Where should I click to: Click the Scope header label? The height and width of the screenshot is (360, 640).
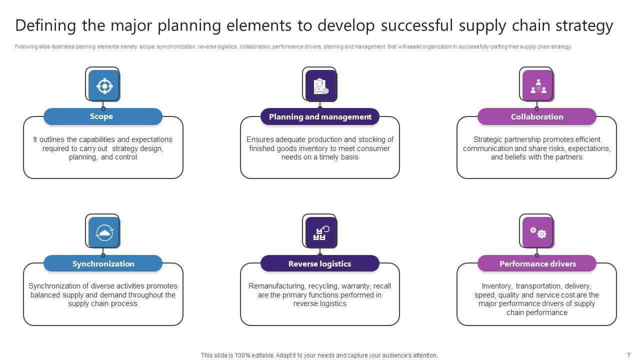click(x=101, y=116)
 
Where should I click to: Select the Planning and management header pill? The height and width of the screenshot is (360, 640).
click(x=320, y=117)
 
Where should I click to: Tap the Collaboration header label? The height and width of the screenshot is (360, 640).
click(x=537, y=117)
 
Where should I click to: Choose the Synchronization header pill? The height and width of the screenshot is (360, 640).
click(x=103, y=264)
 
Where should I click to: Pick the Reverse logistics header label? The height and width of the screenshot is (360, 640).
click(x=320, y=264)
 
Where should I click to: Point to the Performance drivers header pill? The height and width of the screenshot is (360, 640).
click(x=537, y=264)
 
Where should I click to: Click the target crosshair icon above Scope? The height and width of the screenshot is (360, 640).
click(x=104, y=86)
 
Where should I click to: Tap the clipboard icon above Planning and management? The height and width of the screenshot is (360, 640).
click(x=321, y=86)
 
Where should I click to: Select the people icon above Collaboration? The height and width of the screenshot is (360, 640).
click(x=538, y=86)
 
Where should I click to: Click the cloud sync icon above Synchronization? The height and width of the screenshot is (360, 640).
click(x=104, y=232)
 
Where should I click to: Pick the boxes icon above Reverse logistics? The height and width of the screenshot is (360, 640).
click(x=321, y=232)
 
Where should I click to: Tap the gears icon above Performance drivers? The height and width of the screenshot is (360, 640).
click(x=538, y=232)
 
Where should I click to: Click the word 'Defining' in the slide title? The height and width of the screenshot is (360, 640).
click(x=45, y=25)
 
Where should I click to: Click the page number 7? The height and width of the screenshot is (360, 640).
click(x=628, y=355)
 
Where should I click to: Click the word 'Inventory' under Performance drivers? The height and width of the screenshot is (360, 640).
click(x=496, y=286)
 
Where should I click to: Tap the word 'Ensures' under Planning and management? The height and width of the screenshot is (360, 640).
click(x=259, y=139)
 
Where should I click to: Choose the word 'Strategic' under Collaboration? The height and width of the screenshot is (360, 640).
click(x=488, y=139)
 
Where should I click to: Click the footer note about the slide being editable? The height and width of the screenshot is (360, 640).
click(x=319, y=355)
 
